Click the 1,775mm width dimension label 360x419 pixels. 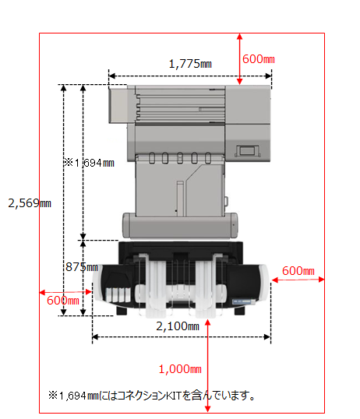point(190,64)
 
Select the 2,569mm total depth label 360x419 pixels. point(30,203)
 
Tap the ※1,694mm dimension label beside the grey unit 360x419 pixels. point(89,163)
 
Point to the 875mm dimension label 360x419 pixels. point(82,267)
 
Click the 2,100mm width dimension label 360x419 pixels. point(178,326)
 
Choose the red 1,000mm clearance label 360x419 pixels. point(180,369)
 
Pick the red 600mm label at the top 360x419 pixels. point(259,59)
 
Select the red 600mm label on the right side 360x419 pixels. point(298,271)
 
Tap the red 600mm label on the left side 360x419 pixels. point(63,301)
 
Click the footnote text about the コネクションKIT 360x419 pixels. point(152,395)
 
